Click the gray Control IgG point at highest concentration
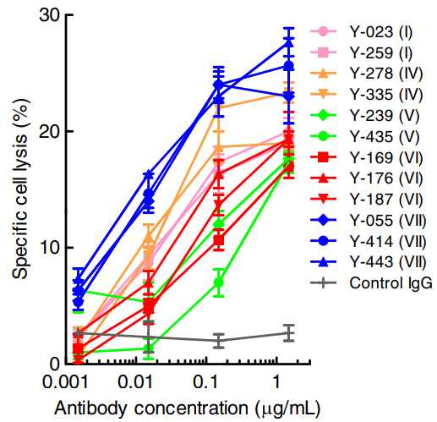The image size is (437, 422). click(x=289, y=333)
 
